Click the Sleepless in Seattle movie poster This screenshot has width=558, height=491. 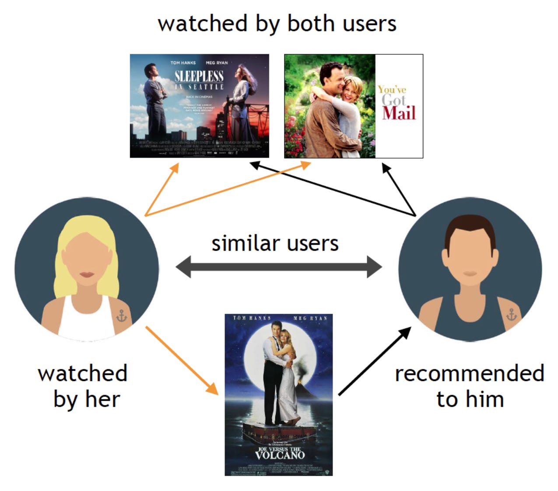coord(199,106)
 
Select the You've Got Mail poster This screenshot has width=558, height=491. coord(353,106)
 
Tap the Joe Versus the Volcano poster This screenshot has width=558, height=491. coord(278,394)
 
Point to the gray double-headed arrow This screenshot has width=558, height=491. coord(278,266)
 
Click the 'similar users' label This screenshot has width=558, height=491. coord(275,244)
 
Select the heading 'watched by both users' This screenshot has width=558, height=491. coord(277,24)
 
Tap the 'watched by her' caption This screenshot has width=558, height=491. coord(83,386)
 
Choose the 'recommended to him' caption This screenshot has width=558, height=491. coord(470,386)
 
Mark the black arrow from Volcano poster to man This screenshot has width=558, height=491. coord(375,361)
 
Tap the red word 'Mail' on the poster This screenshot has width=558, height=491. coord(399,113)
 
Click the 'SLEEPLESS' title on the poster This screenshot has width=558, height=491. coord(199,76)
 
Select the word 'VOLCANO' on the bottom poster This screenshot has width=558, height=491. coord(280,455)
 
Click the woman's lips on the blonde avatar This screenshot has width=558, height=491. coord(87,275)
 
